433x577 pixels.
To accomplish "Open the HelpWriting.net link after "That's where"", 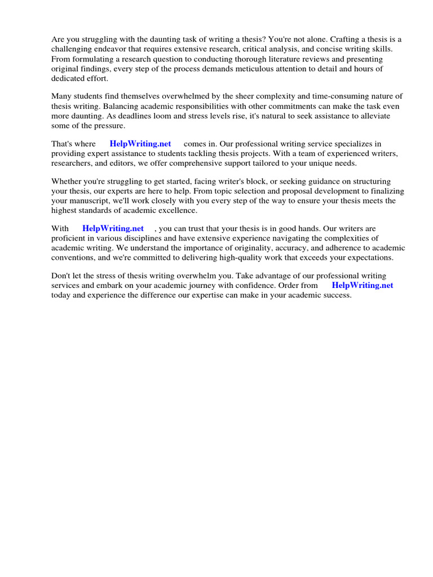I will click(x=140, y=144).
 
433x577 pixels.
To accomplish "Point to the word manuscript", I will click(x=90, y=201).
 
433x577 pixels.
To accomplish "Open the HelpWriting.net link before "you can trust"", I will click(x=113, y=228).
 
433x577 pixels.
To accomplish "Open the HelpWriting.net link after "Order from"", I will click(x=363, y=285).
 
